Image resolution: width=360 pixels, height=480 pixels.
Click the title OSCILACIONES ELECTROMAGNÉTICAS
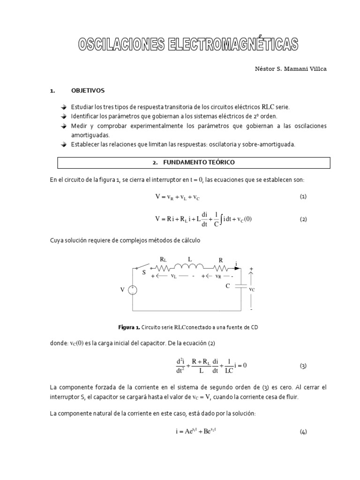187,45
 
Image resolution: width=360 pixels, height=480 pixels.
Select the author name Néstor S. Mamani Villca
290,69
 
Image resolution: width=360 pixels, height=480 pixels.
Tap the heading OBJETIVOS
88,90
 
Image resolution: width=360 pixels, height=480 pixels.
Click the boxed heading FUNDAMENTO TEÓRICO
194,162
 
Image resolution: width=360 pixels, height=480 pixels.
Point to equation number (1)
303,197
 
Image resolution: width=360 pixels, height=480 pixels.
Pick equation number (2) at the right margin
303,219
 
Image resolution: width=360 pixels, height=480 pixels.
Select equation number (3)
303,366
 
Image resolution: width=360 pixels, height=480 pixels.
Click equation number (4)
303,432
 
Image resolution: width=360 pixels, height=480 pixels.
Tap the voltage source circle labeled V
133,290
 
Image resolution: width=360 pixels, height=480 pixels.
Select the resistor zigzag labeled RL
163,269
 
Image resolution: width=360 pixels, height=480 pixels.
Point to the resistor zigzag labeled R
220,269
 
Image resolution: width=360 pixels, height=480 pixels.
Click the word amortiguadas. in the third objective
83,135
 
